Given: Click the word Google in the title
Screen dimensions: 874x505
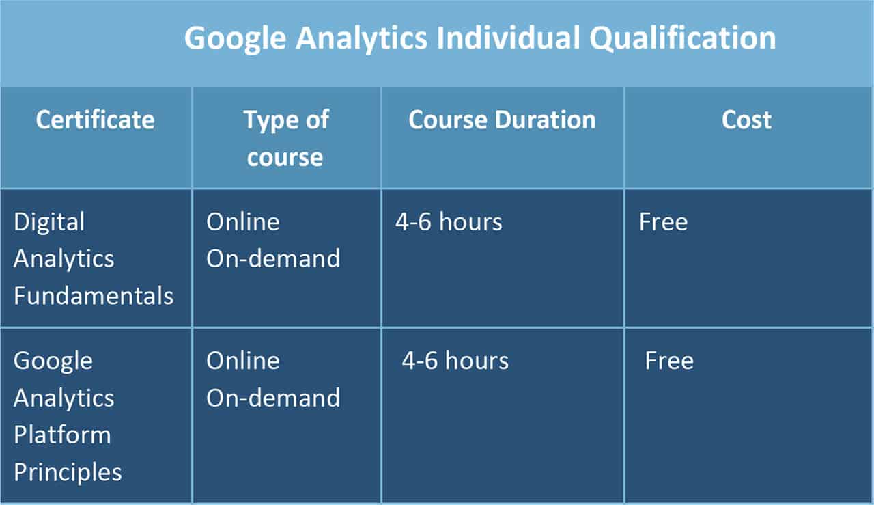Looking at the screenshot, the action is click(x=236, y=39).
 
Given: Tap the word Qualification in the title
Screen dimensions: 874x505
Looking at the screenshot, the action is click(x=682, y=39).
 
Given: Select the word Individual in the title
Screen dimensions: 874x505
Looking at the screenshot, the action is click(x=508, y=38).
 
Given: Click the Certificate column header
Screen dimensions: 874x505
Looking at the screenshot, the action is click(x=95, y=120).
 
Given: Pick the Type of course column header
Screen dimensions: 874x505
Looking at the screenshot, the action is click(x=286, y=138).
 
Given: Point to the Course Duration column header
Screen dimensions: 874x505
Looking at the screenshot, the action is click(x=502, y=120).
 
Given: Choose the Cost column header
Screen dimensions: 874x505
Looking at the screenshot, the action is click(x=746, y=120).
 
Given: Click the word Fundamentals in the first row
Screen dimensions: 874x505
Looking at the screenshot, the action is click(x=94, y=296).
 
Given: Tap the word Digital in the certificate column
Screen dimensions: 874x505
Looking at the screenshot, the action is click(x=49, y=223).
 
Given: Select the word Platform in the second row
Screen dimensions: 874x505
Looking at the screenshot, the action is click(x=62, y=435).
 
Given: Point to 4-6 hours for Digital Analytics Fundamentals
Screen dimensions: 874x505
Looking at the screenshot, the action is click(x=449, y=222).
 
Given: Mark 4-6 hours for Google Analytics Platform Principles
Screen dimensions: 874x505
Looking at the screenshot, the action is click(x=455, y=360).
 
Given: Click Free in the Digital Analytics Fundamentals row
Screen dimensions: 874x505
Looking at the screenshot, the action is click(x=663, y=222).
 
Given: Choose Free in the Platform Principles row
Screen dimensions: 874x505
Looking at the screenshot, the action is click(x=670, y=360).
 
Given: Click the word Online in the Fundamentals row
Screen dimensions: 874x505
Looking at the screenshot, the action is click(x=243, y=222).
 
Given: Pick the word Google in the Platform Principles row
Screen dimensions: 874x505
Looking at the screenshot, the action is click(x=53, y=361).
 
